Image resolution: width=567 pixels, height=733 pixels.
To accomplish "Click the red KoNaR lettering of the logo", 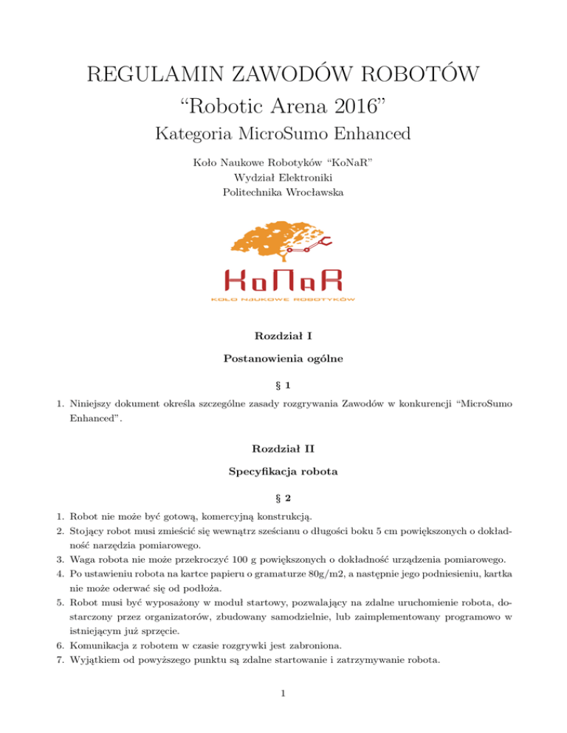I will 284,282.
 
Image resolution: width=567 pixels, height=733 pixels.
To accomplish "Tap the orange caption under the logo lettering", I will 284,299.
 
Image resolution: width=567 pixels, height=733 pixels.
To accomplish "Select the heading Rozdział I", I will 283,336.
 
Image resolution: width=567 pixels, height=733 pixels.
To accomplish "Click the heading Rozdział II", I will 283,449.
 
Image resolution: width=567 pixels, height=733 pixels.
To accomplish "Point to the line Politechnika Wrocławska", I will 283,192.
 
